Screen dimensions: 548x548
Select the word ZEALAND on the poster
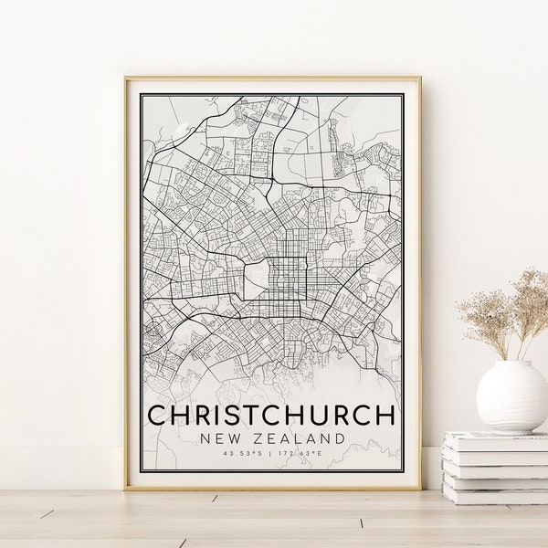298,439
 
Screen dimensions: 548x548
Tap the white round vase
511,395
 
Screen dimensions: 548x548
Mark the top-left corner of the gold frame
126,79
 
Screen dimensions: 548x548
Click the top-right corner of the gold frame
419,79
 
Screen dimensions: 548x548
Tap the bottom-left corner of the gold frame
126,489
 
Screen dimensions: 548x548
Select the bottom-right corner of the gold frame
419,489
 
